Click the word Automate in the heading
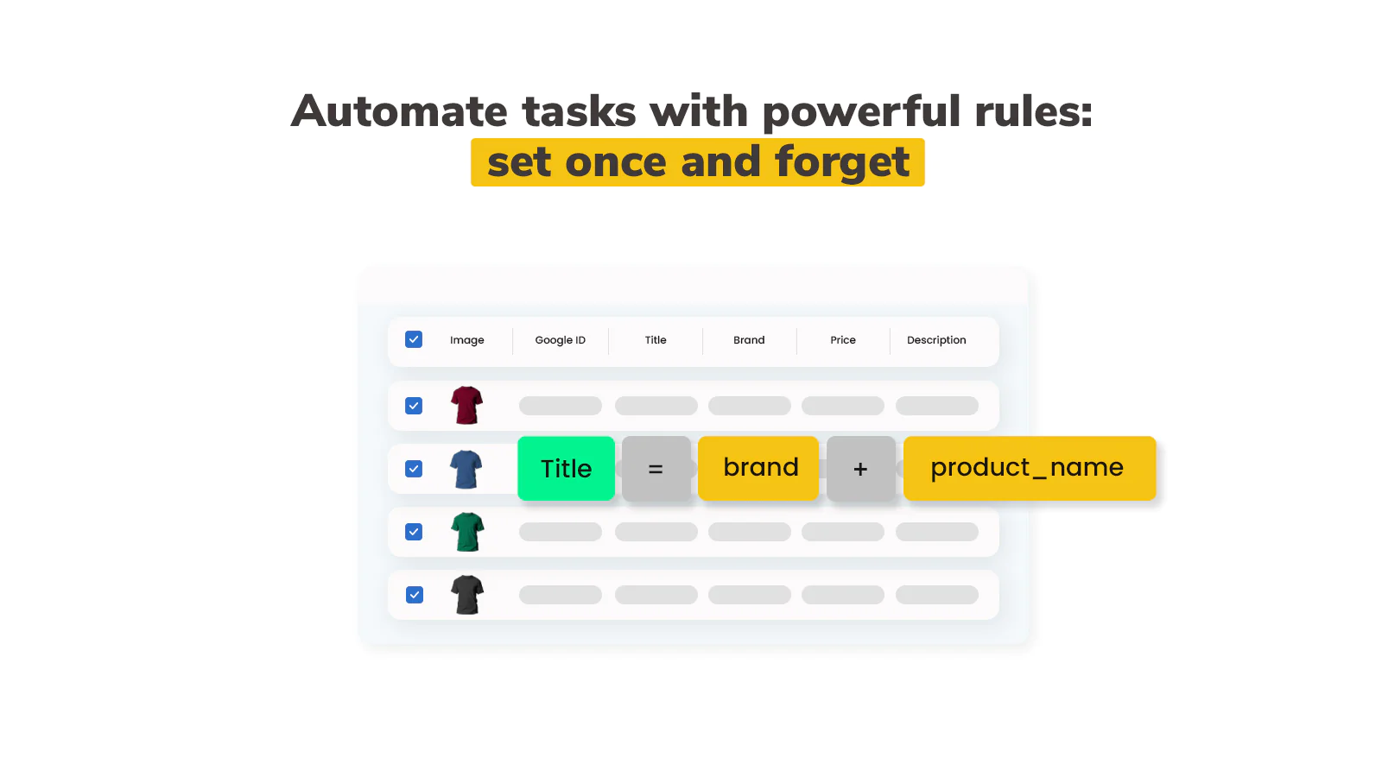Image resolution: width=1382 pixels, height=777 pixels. [398, 111]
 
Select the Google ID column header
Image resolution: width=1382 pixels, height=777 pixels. [561, 340]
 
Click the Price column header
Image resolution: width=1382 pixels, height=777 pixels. [843, 340]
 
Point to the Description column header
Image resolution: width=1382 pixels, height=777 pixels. [936, 340]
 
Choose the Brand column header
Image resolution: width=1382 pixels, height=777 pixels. [749, 340]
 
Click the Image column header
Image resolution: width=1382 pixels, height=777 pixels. [467, 340]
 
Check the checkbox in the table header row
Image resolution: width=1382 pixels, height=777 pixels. [414, 339]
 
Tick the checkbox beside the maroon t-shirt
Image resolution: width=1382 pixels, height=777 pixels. [414, 406]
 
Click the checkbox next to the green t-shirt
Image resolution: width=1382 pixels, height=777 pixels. [414, 532]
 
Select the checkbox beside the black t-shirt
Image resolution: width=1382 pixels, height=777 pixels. [415, 595]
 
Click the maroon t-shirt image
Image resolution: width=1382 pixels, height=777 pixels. [466, 405]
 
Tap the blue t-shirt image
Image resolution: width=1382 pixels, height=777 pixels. [466, 469]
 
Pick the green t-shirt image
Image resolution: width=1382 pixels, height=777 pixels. [467, 532]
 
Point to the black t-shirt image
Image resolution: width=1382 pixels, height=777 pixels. [467, 595]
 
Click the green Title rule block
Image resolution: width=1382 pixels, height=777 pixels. [566, 468]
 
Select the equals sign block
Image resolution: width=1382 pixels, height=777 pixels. [656, 468]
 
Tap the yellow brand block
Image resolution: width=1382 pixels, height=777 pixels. [758, 468]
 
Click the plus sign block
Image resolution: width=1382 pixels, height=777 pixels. [860, 468]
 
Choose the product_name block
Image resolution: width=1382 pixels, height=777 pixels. [1030, 468]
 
